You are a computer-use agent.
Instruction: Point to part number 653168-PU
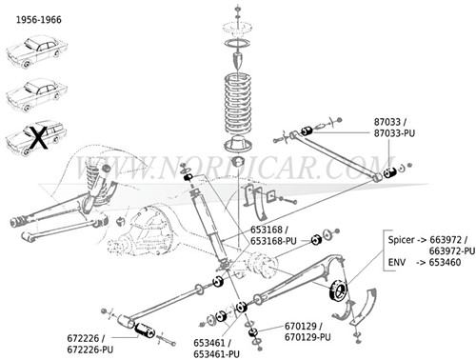tap(272, 241)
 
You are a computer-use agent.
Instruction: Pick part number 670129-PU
tap(307, 337)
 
